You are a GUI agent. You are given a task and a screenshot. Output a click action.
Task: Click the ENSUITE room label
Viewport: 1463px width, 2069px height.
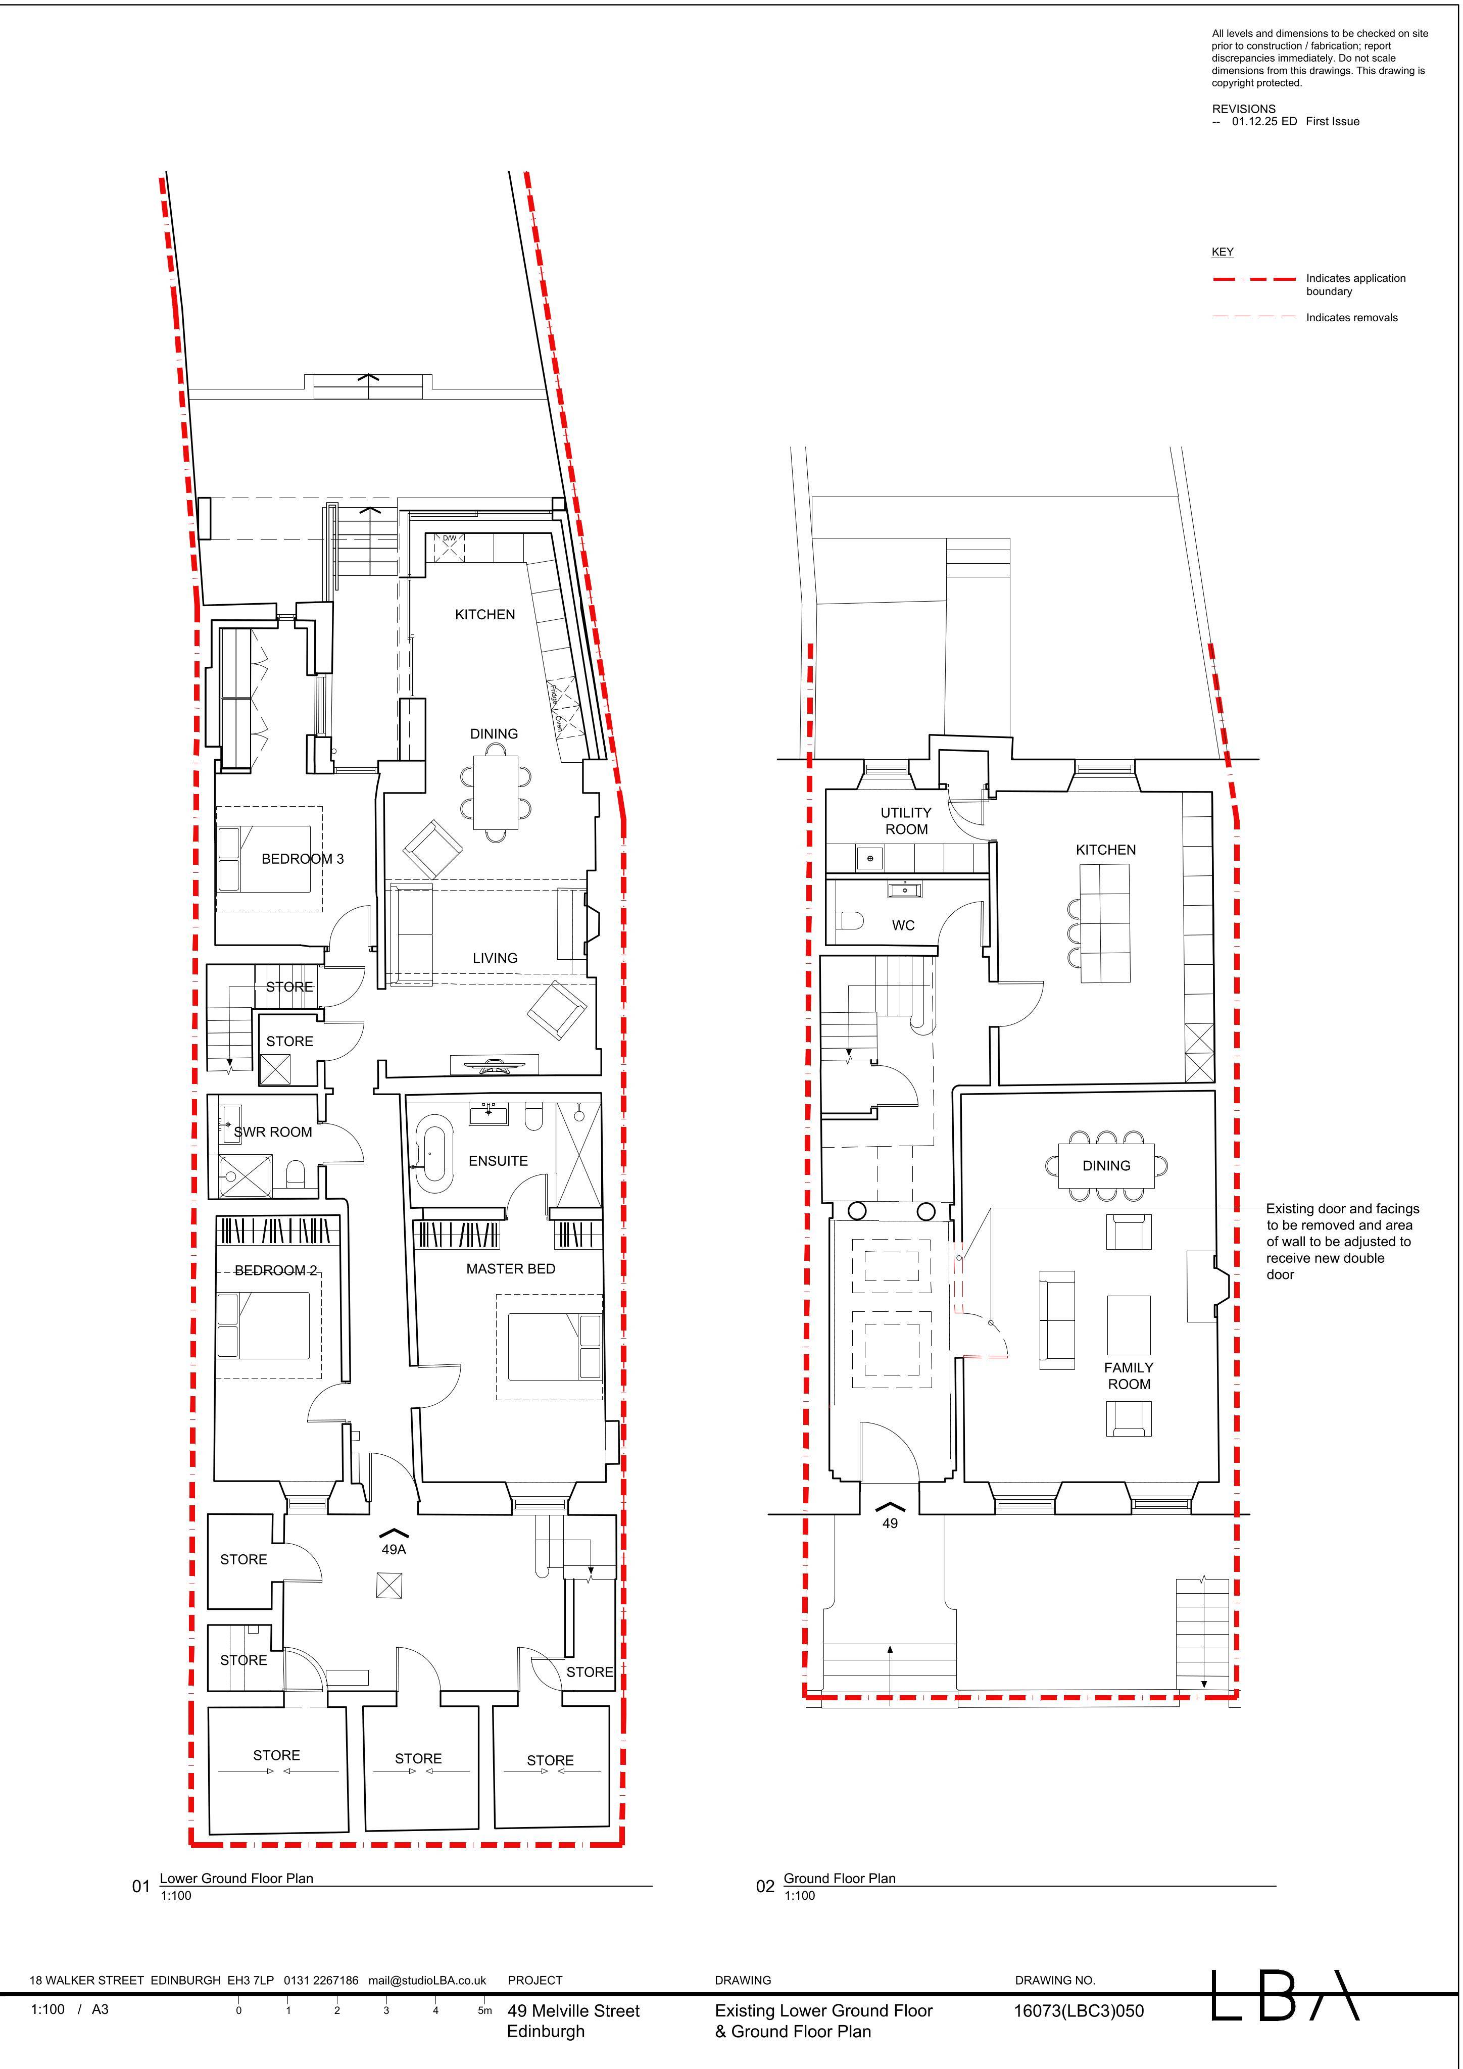(498, 1161)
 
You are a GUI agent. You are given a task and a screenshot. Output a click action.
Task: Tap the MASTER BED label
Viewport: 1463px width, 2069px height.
(510, 1269)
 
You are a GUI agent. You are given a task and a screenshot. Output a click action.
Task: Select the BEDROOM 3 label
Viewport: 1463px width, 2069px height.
(302, 859)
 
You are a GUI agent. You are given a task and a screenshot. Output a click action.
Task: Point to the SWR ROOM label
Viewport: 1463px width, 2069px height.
(273, 1132)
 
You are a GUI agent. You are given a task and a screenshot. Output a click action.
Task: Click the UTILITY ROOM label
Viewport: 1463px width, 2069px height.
(906, 821)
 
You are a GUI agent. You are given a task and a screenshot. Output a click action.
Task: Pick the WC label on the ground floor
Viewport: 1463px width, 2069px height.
(903, 925)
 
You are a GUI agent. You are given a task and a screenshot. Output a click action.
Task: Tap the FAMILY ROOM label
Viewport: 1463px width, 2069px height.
(1129, 1376)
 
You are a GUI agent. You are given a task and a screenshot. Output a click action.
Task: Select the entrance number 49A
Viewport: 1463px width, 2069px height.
(394, 1549)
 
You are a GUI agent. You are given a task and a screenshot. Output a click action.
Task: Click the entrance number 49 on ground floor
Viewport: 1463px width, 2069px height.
(890, 1523)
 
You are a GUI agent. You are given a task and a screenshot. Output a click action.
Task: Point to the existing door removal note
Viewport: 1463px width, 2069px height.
(1342, 1241)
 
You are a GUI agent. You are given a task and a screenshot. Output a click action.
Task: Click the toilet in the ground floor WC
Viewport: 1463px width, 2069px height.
(850, 921)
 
